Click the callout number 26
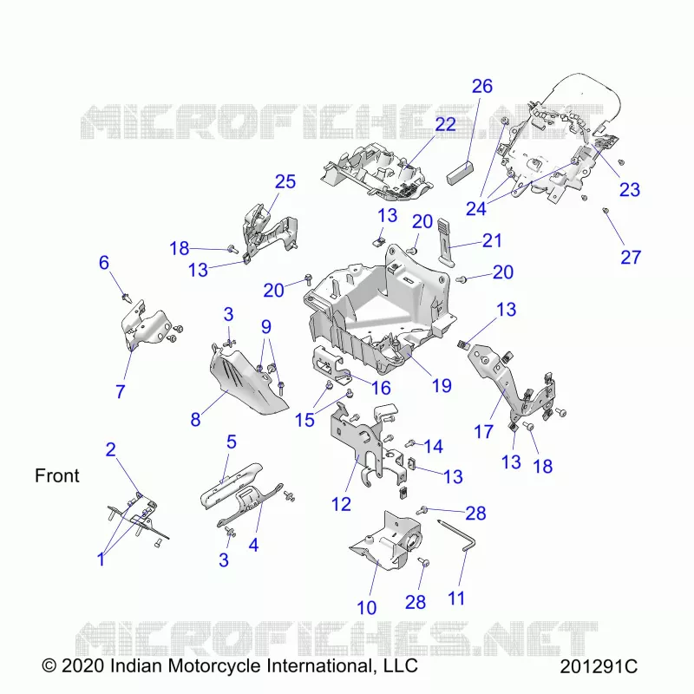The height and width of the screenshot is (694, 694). click(482, 86)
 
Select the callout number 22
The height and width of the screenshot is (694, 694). click(445, 125)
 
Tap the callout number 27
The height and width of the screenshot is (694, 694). click(631, 257)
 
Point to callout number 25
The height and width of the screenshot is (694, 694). click(285, 181)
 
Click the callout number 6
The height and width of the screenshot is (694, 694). click(103, 263)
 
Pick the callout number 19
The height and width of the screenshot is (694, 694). click(442, 385)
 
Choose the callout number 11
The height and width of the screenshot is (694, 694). click(456, 599)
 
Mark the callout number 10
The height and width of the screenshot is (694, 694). click(366, 608)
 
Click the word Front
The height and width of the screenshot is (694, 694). click(57, 475)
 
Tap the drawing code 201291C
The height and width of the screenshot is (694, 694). click(599, 666)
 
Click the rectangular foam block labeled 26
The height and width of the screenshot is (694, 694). click(460, 172)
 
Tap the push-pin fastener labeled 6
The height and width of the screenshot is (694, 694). click(127, 298)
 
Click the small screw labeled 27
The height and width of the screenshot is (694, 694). click(606, 211)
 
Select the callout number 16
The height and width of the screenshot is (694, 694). click(381, 388)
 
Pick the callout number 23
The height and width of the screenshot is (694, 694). click(630, 189)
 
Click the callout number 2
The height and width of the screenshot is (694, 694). click(111, 449)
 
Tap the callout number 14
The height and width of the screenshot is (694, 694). click(433, 446)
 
